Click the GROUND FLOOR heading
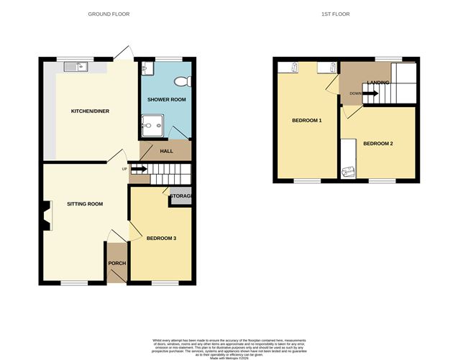pyautogui.click(x=109, y=14)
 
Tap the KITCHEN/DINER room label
pyautogui.click(x=89, y=111)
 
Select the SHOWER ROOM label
pyautogui.click(x=166, y=98)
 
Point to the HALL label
pyautogui.click(x=166, y=151)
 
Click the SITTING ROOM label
pyautogui.click(x=85, y=204)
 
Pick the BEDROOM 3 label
pyautogui.click(x=161, y=238)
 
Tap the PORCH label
pyautogui.click(x=116, y=263)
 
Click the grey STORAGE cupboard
pyautogui.click(x=180, y=195)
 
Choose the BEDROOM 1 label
pyautogui.click(x=306, y=120)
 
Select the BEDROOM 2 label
pyautogui.click(x=377, y=144)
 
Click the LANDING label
pyautogui.click(x=378, y=83)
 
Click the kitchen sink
pyautogui.click(x=75, y=68)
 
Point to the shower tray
pyautogui.click(x=152, y=125)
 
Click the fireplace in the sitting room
pyautogui.click(x=47, y=216)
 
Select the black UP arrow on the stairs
pyautogui.click(x=139, y=170)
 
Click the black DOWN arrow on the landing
pyautogui.click(x=370, y=93)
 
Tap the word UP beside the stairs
pyautogui.click(x=124, y=170)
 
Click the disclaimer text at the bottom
pyautogui.click(x=228, y=345)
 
